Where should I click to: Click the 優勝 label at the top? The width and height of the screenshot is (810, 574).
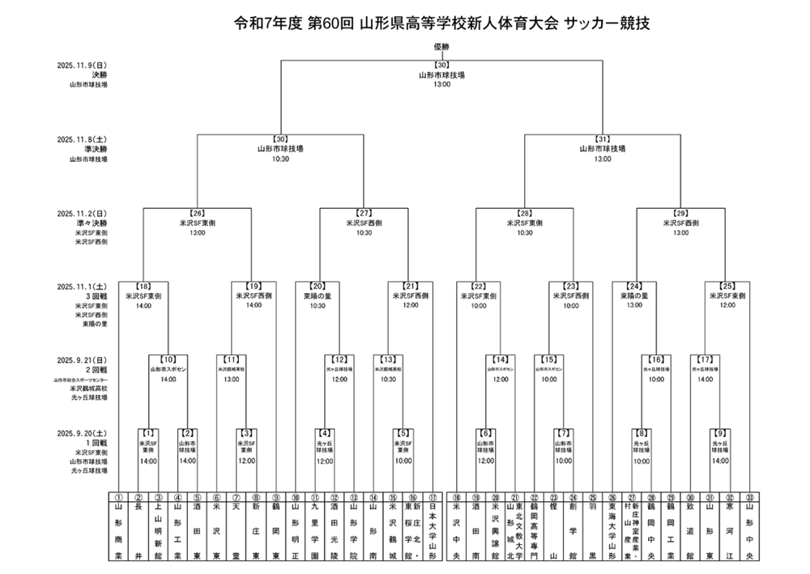pyautogui.click(x=441, y=47)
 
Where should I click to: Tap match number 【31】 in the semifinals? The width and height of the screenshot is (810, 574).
pyautogui.click(x=602, y=139)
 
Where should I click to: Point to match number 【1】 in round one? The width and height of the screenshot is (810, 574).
pyautogui.click(x=148, y=434)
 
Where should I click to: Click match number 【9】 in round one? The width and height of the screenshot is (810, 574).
pyautogui.click(x=718, y=434)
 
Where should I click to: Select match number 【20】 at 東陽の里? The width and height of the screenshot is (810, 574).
pyautogui.click(x=317, y=287)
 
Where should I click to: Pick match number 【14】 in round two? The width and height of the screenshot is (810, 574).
pyautogui.click(x=502, y=359)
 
